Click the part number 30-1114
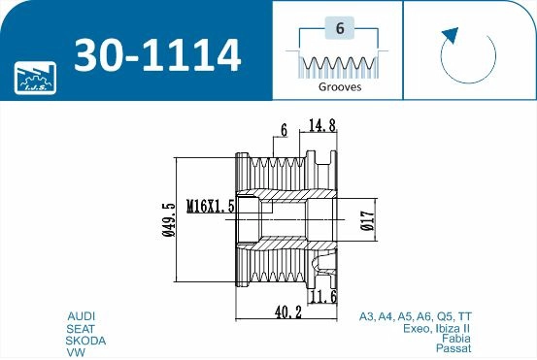click(157, 55)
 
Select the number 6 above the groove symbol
click(339, 28)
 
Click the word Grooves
click(339, 86)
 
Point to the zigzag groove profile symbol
click(339, 64)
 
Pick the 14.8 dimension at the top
click(323, 124)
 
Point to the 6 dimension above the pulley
click(284, 129)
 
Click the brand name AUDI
click(81, 316)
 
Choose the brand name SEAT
click(81, 329)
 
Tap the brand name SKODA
click(85, 341)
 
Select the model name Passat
click(455, 347)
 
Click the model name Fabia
click(457, 338)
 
